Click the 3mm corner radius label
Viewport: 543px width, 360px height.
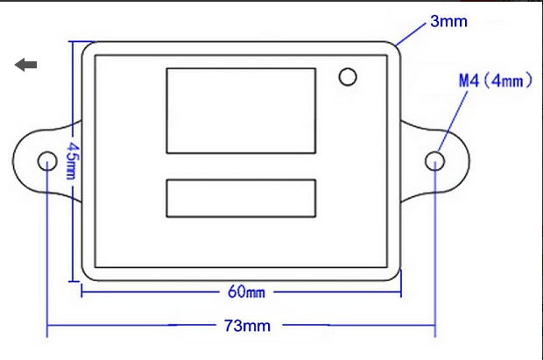coord(448,21)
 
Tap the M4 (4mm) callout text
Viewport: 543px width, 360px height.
coord(495,81)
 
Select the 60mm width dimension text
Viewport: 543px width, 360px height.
coord(247,292)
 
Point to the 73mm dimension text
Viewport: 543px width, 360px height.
coord(247,326)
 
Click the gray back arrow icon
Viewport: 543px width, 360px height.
coord(26,65)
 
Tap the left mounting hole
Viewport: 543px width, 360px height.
coord(47,161)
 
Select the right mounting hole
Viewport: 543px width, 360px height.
coord(434,161)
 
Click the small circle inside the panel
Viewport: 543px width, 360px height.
coord(348,77)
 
